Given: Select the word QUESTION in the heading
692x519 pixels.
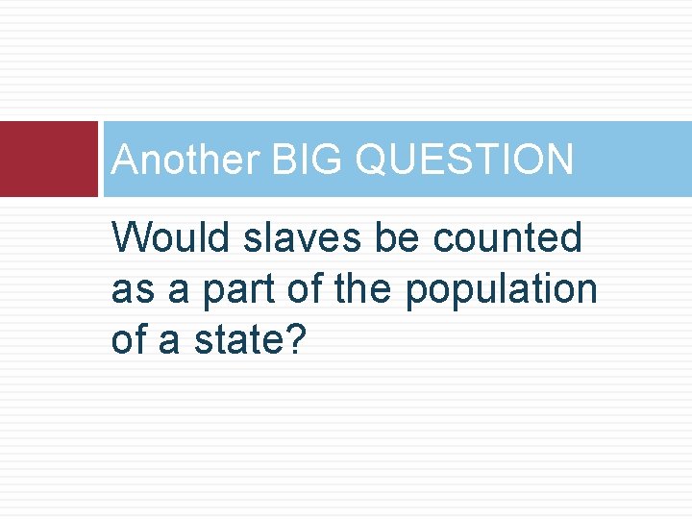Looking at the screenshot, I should pyautogui.click(x=464, y=160).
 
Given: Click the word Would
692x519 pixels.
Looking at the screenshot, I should pyautogui.click(x=172, y=237).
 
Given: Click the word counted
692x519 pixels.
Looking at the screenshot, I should pyautogui.click(x=506, y=237).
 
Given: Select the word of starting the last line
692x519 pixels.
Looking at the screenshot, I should pyautogui.click(x=129, y=341).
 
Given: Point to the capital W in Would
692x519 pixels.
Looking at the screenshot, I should pyautogui.click(x=131, y=237).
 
